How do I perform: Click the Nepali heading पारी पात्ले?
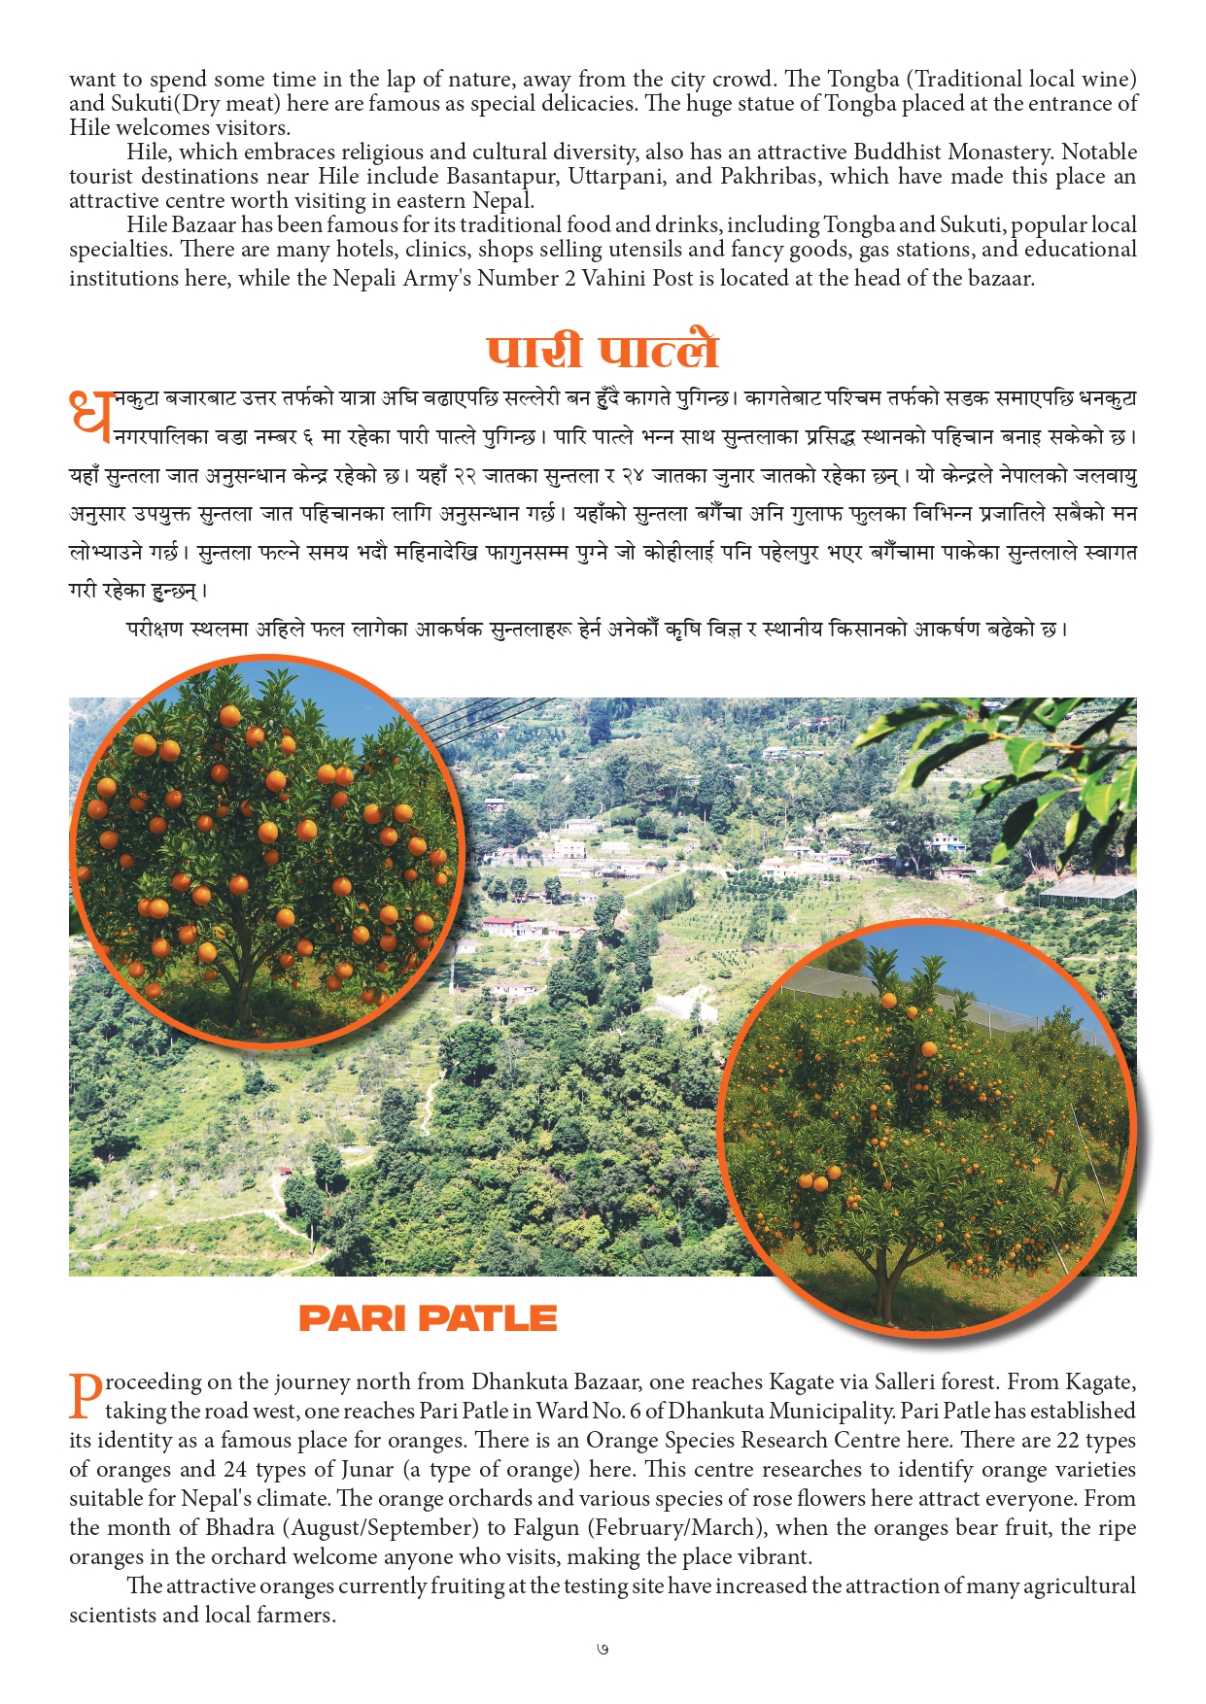(603, 352)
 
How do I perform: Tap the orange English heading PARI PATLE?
(428, 1318)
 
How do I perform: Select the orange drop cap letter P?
(86, 1395)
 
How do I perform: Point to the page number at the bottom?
(603, 1650)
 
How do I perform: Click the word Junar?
(362, 1470)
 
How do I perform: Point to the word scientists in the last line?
(112, 1616)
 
